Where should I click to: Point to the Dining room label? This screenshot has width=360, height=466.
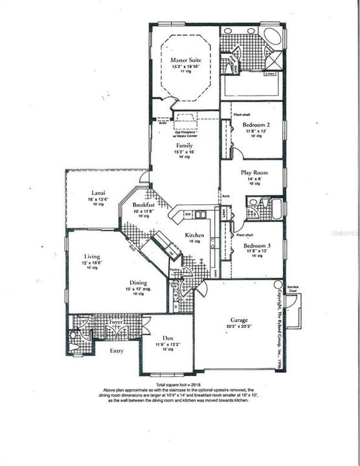click(137, 283)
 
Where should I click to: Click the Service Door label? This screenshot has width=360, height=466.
click(297, 288)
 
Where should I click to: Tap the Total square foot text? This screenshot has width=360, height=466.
click(179, 384)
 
